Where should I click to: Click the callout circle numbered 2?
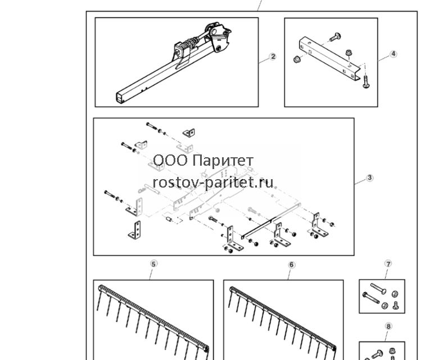tap(273, 57)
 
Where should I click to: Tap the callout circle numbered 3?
tap(369, 177)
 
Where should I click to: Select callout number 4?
tap(393, 54)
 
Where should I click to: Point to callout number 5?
tap(153, 264)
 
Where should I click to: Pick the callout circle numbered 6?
tap(292, 265)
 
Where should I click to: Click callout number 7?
tap(388, 264)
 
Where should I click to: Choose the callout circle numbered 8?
tap(388, 326)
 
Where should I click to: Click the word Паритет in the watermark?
tap(223, 161)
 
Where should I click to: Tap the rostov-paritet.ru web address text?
tap(213, 183)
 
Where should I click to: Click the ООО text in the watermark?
tap(170, 161)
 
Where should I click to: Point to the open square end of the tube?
tap(120, 98)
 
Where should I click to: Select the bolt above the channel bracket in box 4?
tap(335, 37)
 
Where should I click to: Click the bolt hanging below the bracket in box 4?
tap(366, 82)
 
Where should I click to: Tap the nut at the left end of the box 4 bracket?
tap(297, 59)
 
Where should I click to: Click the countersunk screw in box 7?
tap(396, 305)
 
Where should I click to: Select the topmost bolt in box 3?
tap(152, 126)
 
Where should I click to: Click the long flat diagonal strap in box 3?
tap(271, 221)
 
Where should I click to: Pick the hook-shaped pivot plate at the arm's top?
tap(220, 39)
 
